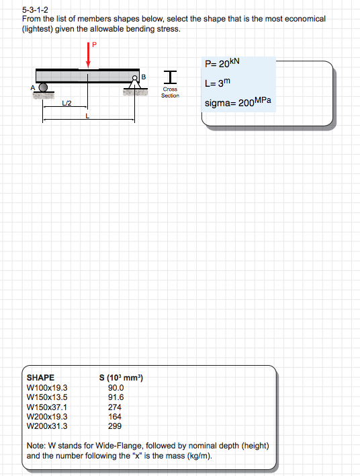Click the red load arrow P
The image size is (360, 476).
click(88, 55)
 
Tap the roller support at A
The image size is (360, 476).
click(44, 87)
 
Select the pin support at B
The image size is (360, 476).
click(134, 82)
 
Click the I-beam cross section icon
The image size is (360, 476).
click(170, 77)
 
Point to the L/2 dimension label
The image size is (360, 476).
click(66, 104)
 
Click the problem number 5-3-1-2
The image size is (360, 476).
click(35, 10)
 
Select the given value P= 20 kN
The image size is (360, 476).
click(222, 63)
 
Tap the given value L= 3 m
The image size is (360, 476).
click(218, 83)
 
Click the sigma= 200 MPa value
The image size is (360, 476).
click(238, 102)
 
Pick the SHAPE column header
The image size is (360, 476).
click(40, 378)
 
